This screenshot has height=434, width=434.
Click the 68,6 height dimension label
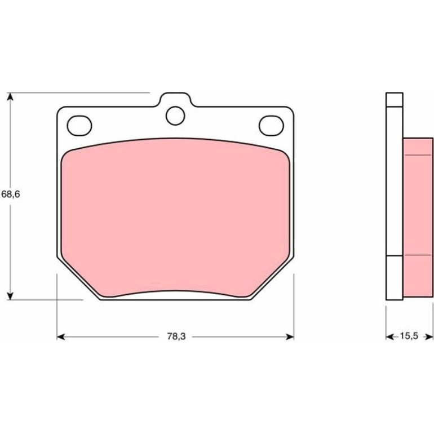[11, 194]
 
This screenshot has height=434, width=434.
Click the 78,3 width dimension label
[176, 336]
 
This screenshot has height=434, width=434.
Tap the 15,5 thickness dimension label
[409, 336]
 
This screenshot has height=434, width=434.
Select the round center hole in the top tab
[175, 116]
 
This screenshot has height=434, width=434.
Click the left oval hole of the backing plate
[79, 126]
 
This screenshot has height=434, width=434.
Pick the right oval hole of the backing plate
[271, 126]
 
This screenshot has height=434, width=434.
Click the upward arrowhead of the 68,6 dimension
[10, 97]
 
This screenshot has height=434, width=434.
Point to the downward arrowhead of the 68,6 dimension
[10, 295]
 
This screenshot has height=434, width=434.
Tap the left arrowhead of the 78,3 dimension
[61, 336]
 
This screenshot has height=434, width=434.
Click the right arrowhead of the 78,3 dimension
[290, 336]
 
